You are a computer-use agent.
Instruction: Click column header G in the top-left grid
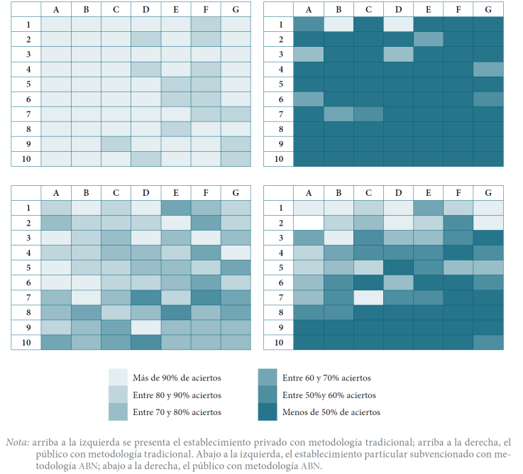pos(235,9)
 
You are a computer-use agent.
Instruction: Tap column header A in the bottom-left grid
pos(56,192)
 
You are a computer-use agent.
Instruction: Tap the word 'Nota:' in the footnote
pos(16,442)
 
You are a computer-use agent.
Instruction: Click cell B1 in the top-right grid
pos(339,23)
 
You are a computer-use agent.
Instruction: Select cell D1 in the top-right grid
pos(399,23)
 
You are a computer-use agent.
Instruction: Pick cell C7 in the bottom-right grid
pos(369,297)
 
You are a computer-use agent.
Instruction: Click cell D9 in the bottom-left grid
pos(145,327)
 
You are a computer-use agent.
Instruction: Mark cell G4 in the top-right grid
pos(488,69)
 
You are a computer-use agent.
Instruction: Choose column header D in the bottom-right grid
pos(399,192)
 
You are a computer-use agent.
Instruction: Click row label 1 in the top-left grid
pos(26,23)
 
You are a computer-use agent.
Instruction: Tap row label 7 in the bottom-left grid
pos(26,297)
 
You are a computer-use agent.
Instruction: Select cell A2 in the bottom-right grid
pos(309,222)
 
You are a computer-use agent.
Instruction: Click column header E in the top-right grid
pos(429,9)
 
